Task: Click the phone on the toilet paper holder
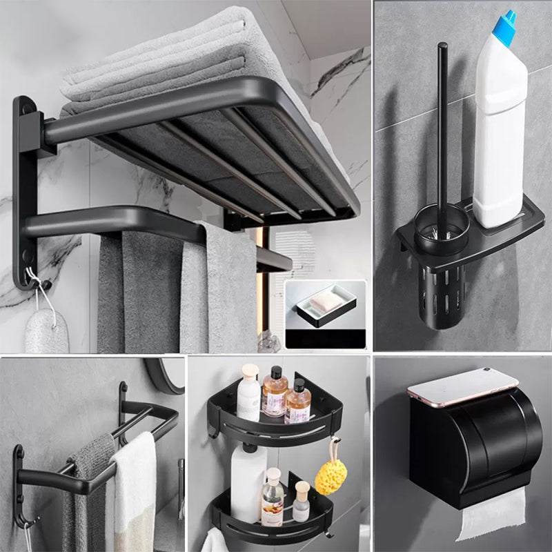coord(462,386)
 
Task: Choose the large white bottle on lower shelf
coord(247,483)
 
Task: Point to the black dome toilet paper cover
coord(476,442)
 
